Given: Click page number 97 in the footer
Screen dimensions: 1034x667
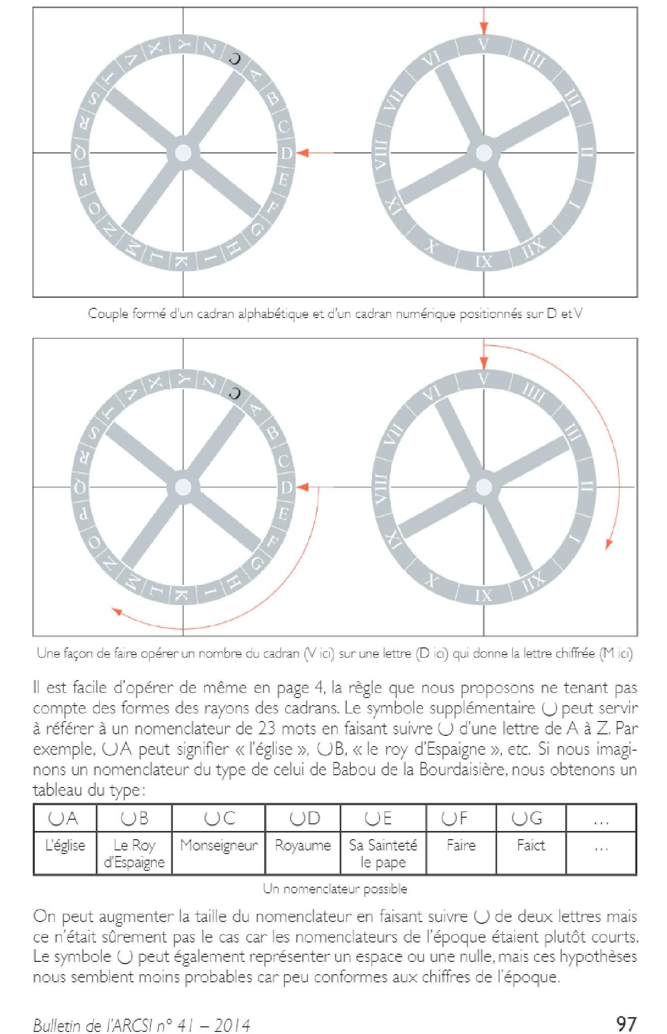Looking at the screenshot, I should pyautogui.click(x=626, y=1009).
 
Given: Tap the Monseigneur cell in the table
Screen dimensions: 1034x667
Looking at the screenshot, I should pyautogui.click(x=219, y=845).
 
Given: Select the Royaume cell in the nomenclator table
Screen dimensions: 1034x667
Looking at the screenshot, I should pyautogui.click(x=303, y=845).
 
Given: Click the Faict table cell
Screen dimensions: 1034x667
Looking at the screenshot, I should pyautogui.click(x=531, y=845).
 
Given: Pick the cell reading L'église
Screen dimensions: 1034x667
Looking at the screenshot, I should pyautogui.click(x=65, y=845).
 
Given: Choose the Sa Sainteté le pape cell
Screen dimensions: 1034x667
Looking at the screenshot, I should pyautogui.click(x=383, y=853).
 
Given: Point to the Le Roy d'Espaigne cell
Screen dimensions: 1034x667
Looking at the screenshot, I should pyautogui.click(x=134, y=853).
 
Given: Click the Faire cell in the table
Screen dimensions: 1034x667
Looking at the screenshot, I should pyautogui.click(x=461, y=845).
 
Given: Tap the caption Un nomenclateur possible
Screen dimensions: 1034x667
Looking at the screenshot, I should pyautogui.click(x=335, y=889).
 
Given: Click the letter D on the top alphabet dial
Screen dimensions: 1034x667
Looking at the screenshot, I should pyautogui.click(x=286, y=152).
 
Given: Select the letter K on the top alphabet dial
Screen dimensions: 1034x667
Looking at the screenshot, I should pyautogui.click(x=183, y=262).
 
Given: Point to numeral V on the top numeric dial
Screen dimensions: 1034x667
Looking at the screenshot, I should pyautogui.click(x=484, y=44).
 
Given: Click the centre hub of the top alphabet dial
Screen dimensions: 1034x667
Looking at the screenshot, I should pyautogui.click(x=183, y=152).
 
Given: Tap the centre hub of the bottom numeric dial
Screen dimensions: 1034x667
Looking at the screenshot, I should pyautogui.click(x=483, y=487).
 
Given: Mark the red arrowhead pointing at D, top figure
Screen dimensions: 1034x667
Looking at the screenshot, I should pyautogui.click(x=302, y=152).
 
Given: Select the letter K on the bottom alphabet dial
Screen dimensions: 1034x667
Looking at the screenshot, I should pyautogui.click(x=183, y=596).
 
